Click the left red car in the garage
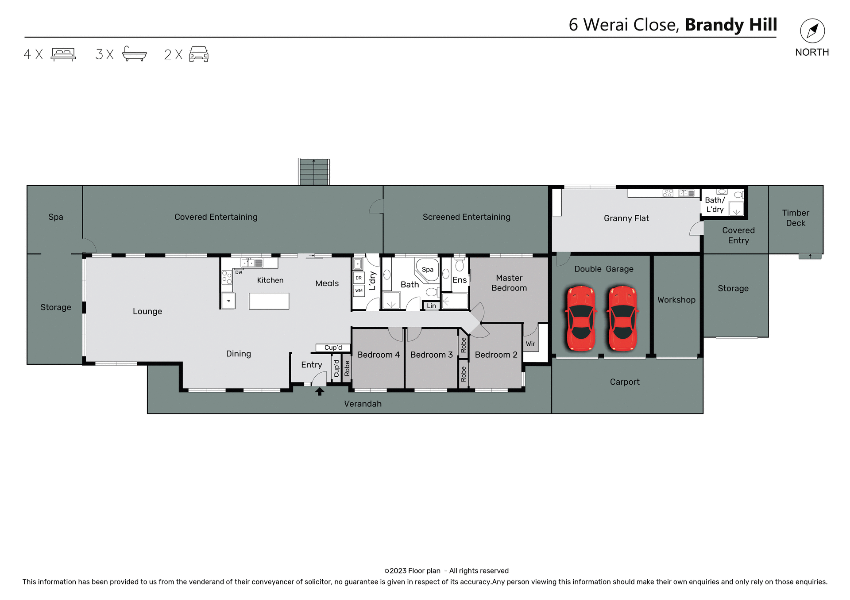[580, 318]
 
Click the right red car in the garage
[622, 318]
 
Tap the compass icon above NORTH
[812, 31]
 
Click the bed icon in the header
[63, 54]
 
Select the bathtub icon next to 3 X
[134, 54]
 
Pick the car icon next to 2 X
[199, 54]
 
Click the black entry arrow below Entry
[320, 391]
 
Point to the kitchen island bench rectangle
[269, 301]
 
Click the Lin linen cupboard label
[431, 306]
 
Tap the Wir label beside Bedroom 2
[530, 344]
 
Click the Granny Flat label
[626, 218]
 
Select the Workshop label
[676, 300]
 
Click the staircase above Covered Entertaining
[314, 172]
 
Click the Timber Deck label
[795, 218]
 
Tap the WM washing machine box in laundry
[359, 291]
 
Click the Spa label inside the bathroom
[427, 269]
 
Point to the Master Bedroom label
[509, 283]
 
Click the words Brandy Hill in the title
[730, 25]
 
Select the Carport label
[624, 382]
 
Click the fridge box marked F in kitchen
[228, 301]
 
